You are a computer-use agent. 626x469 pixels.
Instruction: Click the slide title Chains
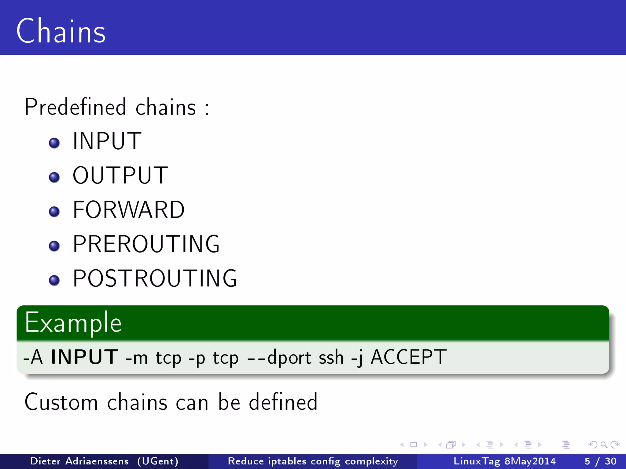tap(61, 31)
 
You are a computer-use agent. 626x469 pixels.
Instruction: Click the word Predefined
tap(75, 107)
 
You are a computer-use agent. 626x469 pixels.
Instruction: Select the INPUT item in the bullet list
tap(107, 141)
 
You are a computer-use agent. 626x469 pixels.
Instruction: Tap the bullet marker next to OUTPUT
tap(54, 177)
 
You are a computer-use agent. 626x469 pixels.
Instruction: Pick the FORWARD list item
tap(129, 210)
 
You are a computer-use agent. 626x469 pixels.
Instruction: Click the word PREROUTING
tap(146, 244)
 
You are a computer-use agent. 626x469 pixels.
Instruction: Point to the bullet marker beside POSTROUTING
tap(54, 280)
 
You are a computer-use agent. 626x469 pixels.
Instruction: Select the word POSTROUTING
tap(155, 278)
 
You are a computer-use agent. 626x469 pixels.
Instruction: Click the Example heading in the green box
tap(73, 322)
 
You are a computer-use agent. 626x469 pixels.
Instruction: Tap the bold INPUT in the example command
tap(84, 357)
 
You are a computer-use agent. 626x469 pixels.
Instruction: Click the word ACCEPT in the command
tap(408, 357)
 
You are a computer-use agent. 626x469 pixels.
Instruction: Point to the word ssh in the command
tap(331, 357)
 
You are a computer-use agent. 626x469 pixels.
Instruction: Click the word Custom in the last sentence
tap(61, 402)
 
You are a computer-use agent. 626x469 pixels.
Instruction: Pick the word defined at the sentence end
tap(283, 402)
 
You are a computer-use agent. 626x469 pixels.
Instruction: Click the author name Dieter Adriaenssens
tap(79, 461)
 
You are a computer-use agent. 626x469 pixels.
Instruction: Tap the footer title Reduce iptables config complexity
tap(313, 461)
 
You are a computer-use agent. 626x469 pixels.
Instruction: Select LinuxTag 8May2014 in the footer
tap(504, 461)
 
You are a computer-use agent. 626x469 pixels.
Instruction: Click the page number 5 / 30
tap(600, 461)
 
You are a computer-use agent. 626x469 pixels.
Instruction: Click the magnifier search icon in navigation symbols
tap(604, 445)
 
